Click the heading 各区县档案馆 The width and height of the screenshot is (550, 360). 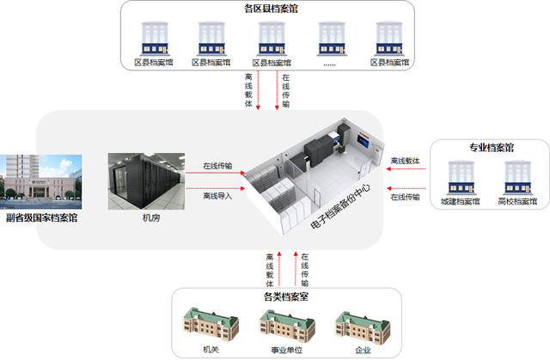pos(272,9)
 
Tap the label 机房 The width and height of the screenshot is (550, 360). pos(150,218)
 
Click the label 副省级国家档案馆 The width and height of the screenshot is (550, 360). pos(41,218)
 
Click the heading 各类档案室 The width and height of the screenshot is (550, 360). pos(285,296)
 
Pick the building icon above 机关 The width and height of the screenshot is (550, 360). pos(211,326)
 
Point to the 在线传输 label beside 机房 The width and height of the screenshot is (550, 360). pos(217,165)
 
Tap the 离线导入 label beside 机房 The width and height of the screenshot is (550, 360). pos(217,196)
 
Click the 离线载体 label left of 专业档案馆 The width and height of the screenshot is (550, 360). pos(406,161)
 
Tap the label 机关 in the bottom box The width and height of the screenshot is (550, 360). pos(211,351)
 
